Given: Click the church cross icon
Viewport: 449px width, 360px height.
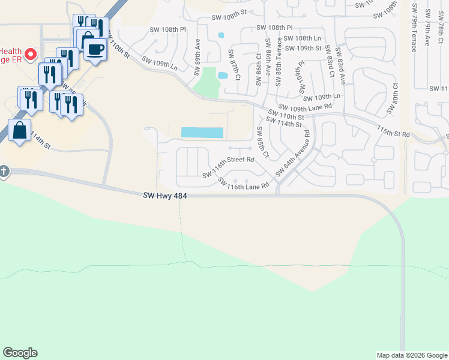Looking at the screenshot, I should click(3, 172).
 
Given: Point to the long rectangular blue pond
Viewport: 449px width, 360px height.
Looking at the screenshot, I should click(202, 133).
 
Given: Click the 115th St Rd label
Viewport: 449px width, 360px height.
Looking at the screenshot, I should click(393, 131).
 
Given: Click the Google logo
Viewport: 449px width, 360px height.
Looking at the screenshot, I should click(20, 353).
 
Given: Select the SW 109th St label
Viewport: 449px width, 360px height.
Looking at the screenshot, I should click(303, 48).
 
